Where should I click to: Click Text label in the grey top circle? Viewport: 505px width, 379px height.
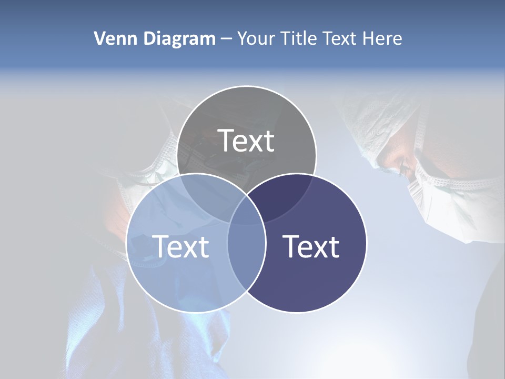click(x=246, y=141)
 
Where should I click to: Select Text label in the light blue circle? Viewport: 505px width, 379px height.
click(x=180, y=246)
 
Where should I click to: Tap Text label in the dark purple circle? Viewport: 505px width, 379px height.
click(x=311, y=246)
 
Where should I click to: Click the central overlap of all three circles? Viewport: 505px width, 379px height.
click(x=247, y=211)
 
